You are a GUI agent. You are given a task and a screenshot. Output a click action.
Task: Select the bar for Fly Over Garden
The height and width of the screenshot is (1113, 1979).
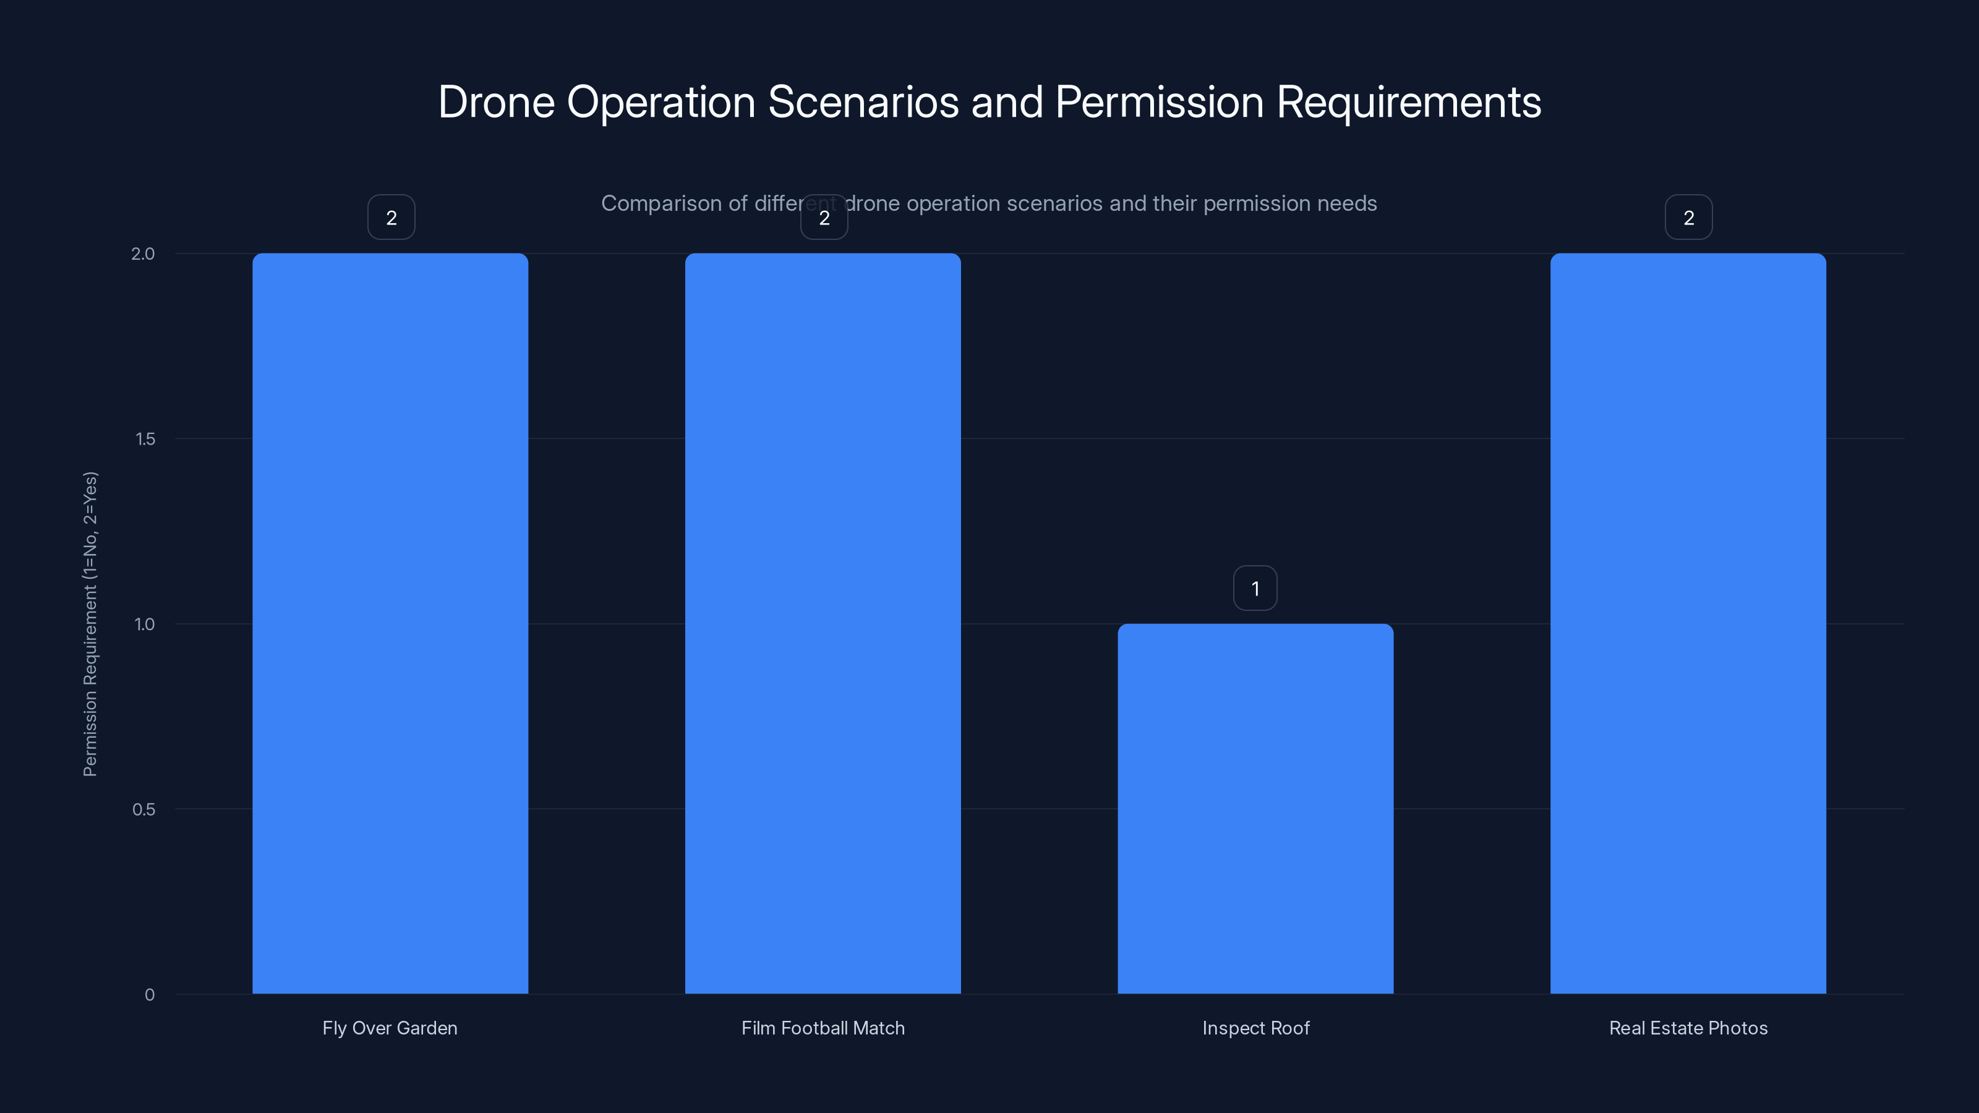click(390, 623)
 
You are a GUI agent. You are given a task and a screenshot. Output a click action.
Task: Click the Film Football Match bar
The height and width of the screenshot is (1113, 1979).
click(823, 623)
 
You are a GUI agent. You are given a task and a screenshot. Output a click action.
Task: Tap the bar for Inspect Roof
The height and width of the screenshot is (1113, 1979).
click(1255, 808)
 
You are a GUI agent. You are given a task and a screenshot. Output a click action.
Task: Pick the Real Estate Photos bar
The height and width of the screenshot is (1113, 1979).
click(1688, 623)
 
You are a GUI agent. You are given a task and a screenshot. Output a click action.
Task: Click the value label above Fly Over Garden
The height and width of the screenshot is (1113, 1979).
click(391, 218)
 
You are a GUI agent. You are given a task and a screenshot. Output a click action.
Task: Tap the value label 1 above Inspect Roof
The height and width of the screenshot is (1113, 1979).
click(1255, 589)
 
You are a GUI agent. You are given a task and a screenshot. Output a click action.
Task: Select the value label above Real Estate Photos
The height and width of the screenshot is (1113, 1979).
click(1688, 218)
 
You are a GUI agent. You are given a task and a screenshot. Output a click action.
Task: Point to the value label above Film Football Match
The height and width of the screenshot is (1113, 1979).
click(824, 218)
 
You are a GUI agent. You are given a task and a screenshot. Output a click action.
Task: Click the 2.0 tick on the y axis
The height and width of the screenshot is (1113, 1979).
click(143, 254)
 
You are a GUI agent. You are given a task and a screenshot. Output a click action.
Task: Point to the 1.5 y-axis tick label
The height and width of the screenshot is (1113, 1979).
click(145, 438)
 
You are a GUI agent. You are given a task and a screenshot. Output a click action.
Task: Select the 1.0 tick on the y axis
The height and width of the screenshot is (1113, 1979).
click(145, 624)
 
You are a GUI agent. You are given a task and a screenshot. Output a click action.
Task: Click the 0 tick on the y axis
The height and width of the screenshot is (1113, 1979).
click(150, 995)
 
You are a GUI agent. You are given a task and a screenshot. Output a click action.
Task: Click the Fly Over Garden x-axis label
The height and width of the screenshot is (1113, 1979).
click(390, 1028)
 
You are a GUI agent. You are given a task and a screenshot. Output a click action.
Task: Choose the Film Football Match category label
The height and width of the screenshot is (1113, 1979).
click(823, 1028)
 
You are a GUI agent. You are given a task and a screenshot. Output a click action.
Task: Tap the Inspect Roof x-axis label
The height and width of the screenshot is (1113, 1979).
click(1255, 1028)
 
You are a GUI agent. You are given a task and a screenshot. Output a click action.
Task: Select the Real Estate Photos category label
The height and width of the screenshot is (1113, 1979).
click(1688, 1028)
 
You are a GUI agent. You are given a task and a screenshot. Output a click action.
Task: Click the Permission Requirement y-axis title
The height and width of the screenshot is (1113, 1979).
click(90, 624)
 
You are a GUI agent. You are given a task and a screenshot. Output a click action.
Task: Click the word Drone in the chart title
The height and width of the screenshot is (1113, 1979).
click(496, 102)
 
